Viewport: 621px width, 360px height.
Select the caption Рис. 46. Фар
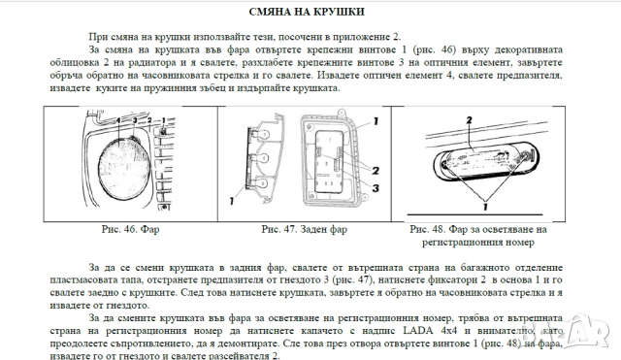(131, 231)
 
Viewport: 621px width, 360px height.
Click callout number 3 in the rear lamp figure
(374, 187)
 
